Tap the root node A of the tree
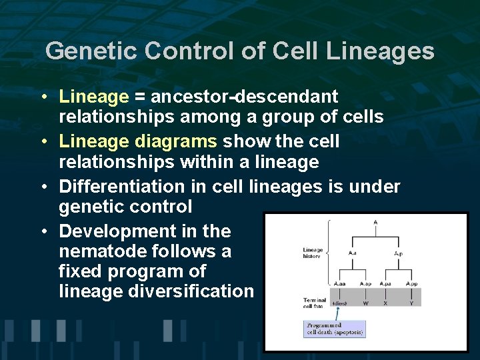376,222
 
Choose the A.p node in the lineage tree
398,253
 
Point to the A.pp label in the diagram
411,284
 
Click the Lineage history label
313,254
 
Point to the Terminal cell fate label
315,303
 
